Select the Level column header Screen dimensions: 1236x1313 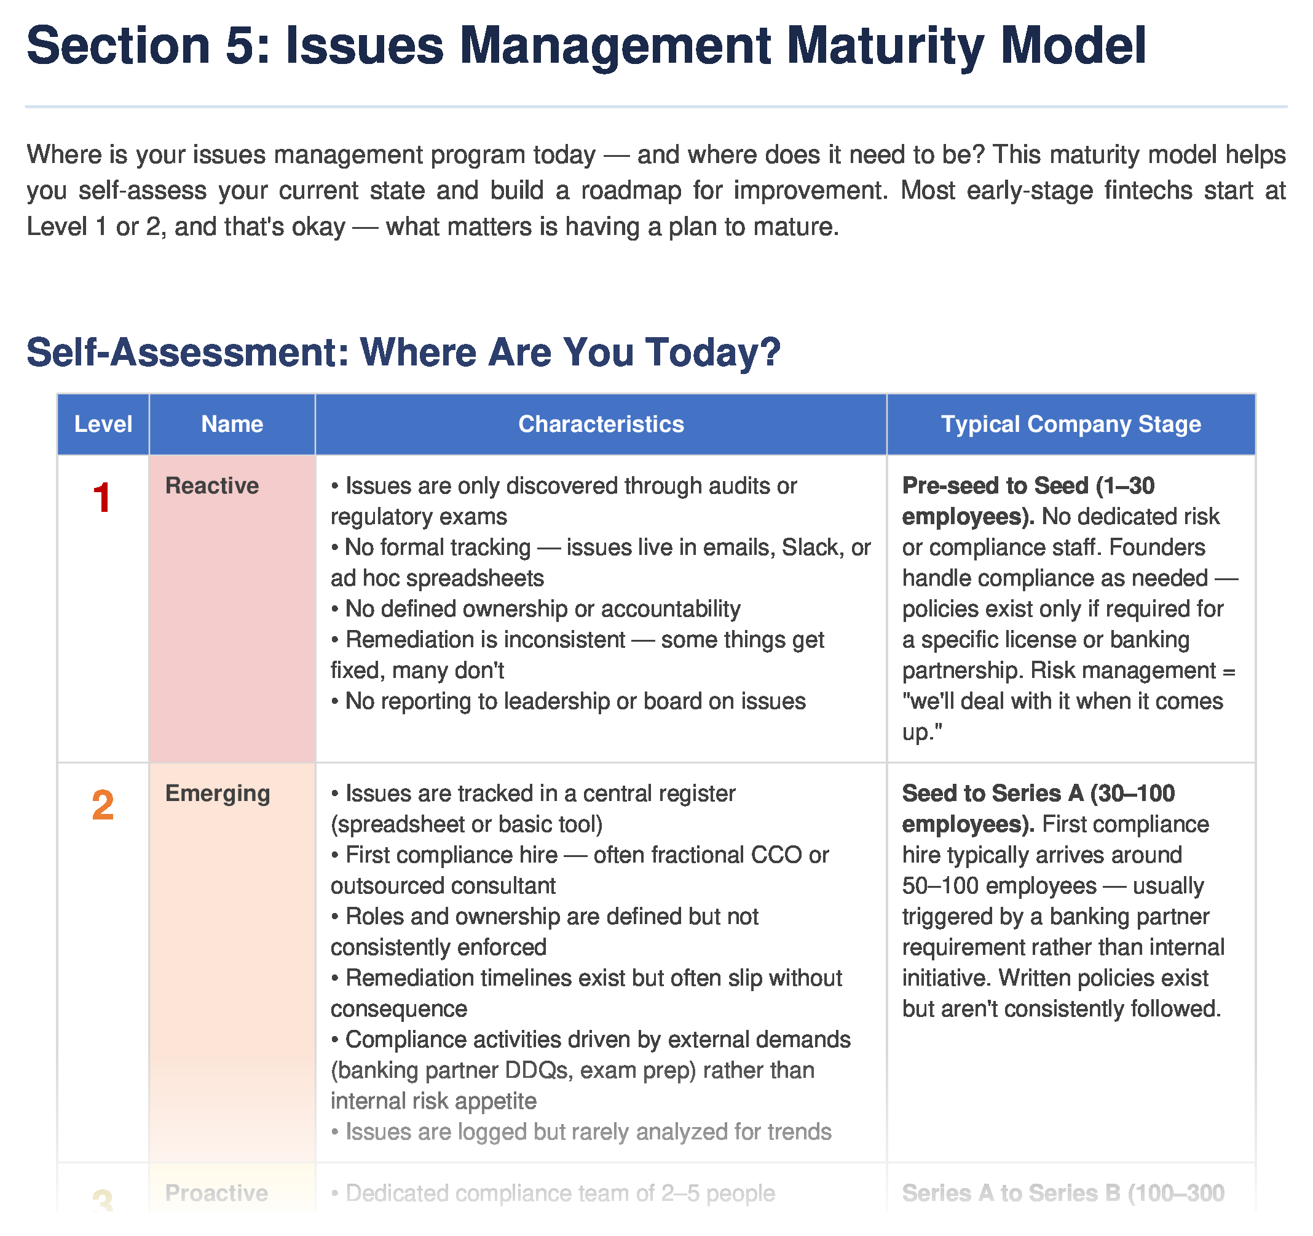click(x=103, y=425)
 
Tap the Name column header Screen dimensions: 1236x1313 click(x=232, y=425)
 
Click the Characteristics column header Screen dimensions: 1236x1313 click(x=601, y=425)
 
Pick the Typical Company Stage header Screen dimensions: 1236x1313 click(x=1070, y=425)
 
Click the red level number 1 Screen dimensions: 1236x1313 click(x=101, y=498)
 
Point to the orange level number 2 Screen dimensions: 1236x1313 click(x=103, y=806)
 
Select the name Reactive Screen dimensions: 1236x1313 click(x=211, y=486)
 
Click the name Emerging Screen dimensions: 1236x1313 click(x=217, y=793)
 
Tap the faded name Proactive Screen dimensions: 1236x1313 click(x=216, y=1193)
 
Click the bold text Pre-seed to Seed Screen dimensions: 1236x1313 click(x=995, y=486)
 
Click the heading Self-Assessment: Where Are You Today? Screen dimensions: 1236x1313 click(x=403, y=352)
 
